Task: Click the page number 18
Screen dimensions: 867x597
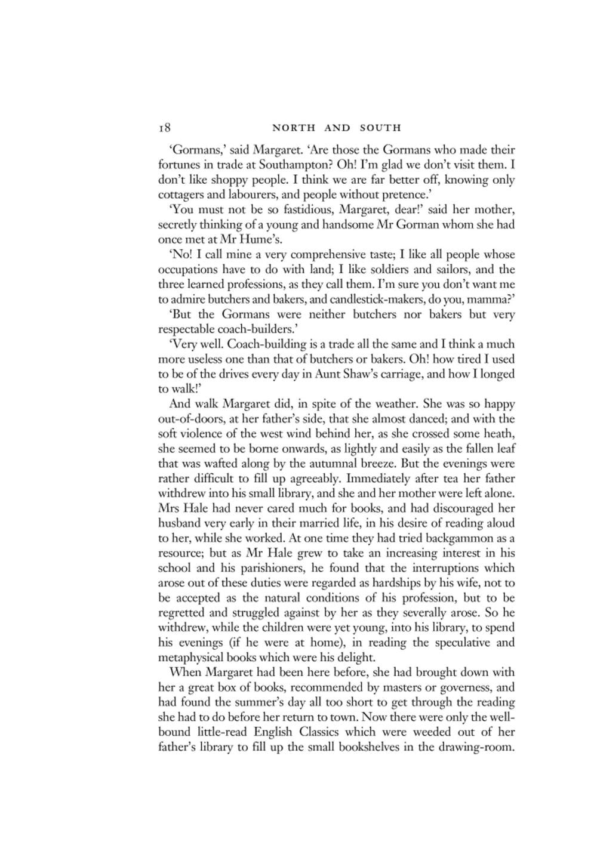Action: pyautogui.click(x=165, y=128)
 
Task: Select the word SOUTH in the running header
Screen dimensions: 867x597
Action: pyautogui.click(x=380, y=128)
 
